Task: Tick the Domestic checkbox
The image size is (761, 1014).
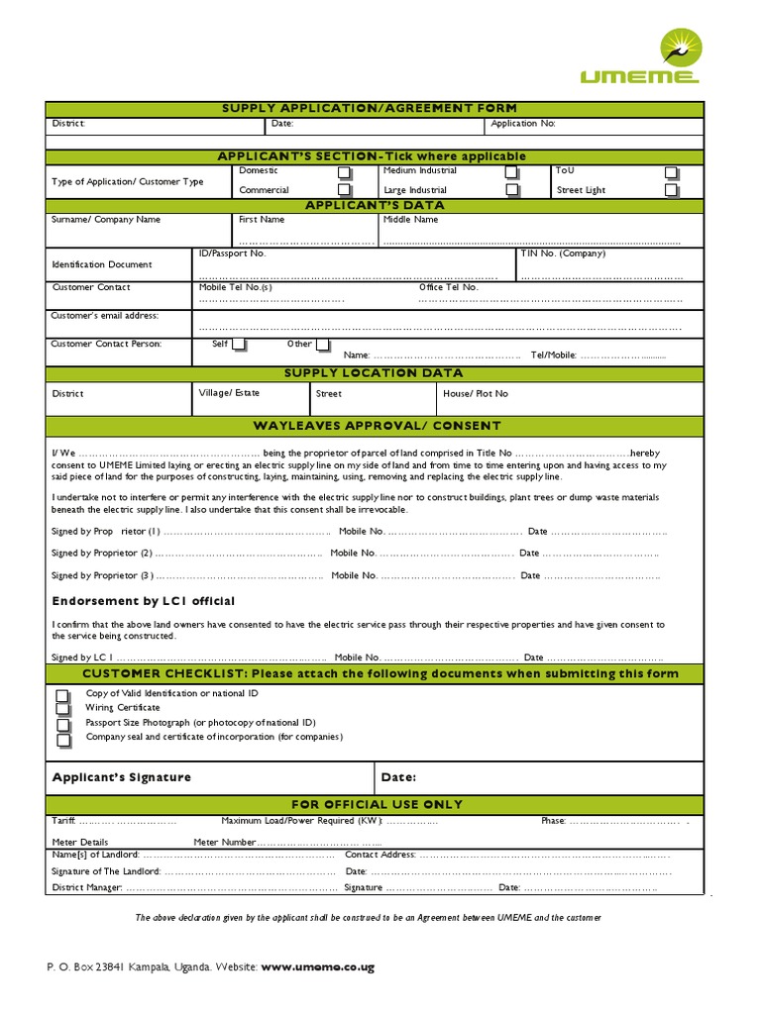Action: click(x=344, y=172)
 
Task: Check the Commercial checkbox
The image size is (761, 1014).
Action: click(x=344, y=189)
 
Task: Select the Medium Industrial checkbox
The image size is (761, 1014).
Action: click(x=511, y=172)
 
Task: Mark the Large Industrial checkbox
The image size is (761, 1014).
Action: click(x=511, y=189)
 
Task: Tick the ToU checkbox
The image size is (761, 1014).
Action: click(x=672, y=172)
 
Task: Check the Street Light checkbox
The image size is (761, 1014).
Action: click(x=672, y=189)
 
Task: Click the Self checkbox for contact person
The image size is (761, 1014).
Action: click(x=239, y=345)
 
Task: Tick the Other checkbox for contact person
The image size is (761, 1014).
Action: click(x=321, y=345)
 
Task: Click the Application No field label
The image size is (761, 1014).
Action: click(x=523, y=125)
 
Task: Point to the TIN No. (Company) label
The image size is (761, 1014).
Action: click(x=563, y=253)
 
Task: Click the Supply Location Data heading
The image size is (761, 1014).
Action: click(x=374, y=373)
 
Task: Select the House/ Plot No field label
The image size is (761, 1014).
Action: click(x=476, y=394)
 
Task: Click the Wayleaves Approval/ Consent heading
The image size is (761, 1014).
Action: click(x=377, y=426)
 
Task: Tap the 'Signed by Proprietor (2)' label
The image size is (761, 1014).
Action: click(x=102, y=554)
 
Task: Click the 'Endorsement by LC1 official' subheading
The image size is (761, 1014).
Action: click(x=143, y=601)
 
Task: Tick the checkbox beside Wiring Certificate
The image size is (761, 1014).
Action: click(x=63, y=709)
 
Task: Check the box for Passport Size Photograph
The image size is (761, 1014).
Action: click(x=63, y=724)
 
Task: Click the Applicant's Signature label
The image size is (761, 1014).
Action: click(x=121, y=777)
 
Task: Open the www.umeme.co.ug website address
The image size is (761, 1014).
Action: click(x=318, y=966)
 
